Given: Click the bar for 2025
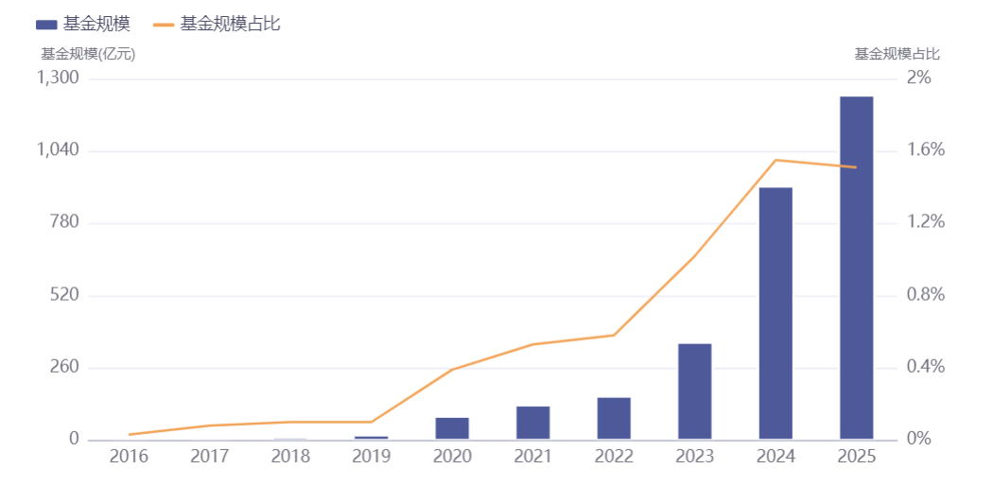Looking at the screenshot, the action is pos(856,268).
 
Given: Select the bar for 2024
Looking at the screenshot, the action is pos(775,313).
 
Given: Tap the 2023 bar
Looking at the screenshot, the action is pos(695,391).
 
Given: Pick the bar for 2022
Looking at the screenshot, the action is pos(614,418).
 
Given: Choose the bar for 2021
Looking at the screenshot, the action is pos(533,423).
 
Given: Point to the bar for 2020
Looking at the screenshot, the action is pos(452,428).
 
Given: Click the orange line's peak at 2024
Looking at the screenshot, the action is pos(775,160).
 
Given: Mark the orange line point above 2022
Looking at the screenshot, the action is pos(614,335).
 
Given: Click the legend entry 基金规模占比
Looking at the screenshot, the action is pos(218,25).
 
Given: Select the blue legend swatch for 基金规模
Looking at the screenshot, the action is pos(46,25).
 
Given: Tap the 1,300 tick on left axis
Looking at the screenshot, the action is pos(58,78).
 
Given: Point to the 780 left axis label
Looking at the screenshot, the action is pos(64,223).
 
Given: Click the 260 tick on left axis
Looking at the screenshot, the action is pos(64,367).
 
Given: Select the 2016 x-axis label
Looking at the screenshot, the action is pos(129,457).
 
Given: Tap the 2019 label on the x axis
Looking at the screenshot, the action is pos(371,457).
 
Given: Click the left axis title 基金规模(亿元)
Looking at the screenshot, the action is pos(88,55).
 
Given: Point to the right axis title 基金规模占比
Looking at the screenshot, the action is pos(897,55).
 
